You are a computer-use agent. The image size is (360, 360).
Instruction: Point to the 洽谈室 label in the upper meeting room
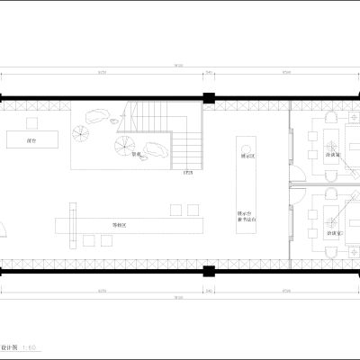(332, 156)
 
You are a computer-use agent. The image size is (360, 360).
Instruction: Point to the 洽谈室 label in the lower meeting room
(332, 234)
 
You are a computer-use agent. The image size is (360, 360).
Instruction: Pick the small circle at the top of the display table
(243, 141)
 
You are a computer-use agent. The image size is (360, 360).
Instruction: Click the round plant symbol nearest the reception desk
(80, 134)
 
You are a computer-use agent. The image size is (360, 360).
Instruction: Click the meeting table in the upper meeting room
(334, 141)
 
